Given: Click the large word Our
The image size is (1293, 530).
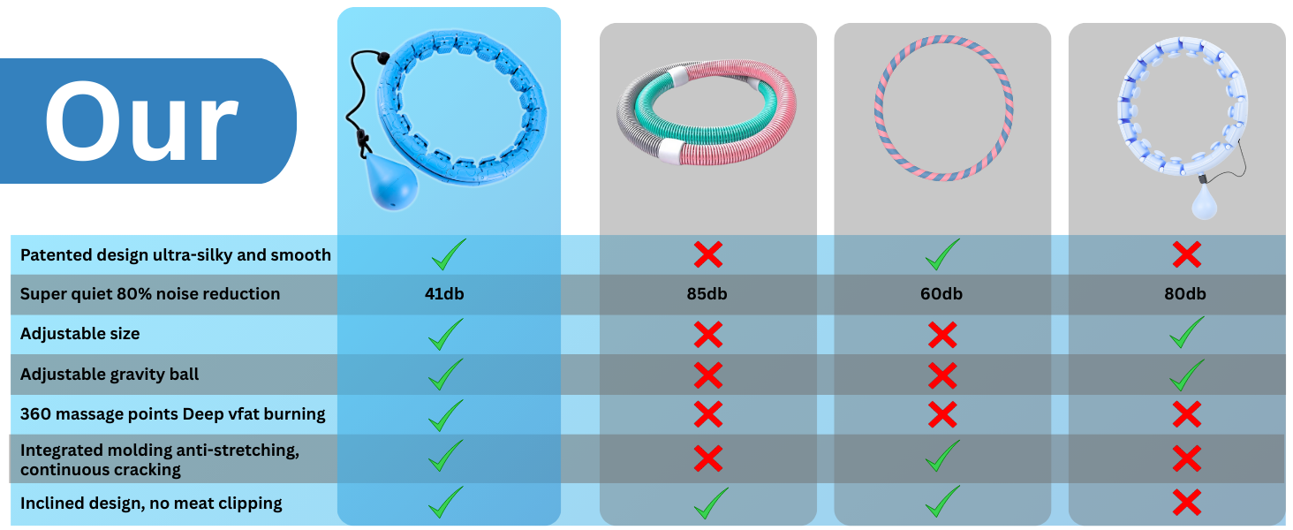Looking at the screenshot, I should [141, 121].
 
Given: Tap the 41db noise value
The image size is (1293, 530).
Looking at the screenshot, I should [444, 294].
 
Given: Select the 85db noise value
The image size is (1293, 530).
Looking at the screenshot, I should [707, 294].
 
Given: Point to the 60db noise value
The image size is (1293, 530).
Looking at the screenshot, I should [941, 294].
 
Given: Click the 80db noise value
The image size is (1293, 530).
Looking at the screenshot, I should [1184, 294].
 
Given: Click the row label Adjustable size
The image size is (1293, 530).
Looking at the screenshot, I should [79, 334].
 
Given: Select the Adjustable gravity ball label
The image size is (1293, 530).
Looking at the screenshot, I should [110, 375].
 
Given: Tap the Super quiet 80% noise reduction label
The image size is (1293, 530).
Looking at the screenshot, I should [150, 294].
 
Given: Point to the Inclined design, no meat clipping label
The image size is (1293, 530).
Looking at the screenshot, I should [151, 503].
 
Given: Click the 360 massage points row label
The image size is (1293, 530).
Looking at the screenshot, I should [172, 414].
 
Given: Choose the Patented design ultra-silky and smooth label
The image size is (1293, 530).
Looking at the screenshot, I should [175, 255].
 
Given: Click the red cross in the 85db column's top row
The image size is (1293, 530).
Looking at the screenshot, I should [707, 255].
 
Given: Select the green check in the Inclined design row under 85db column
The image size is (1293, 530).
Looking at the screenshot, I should [711, 503].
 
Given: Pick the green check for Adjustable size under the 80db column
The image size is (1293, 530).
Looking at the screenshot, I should [1186, 333].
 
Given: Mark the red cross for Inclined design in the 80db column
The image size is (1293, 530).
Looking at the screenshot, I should [1186, 503].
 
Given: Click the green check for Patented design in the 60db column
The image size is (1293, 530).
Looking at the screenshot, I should [942, 254].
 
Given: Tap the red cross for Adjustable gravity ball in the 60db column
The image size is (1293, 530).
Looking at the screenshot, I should [942, 375].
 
